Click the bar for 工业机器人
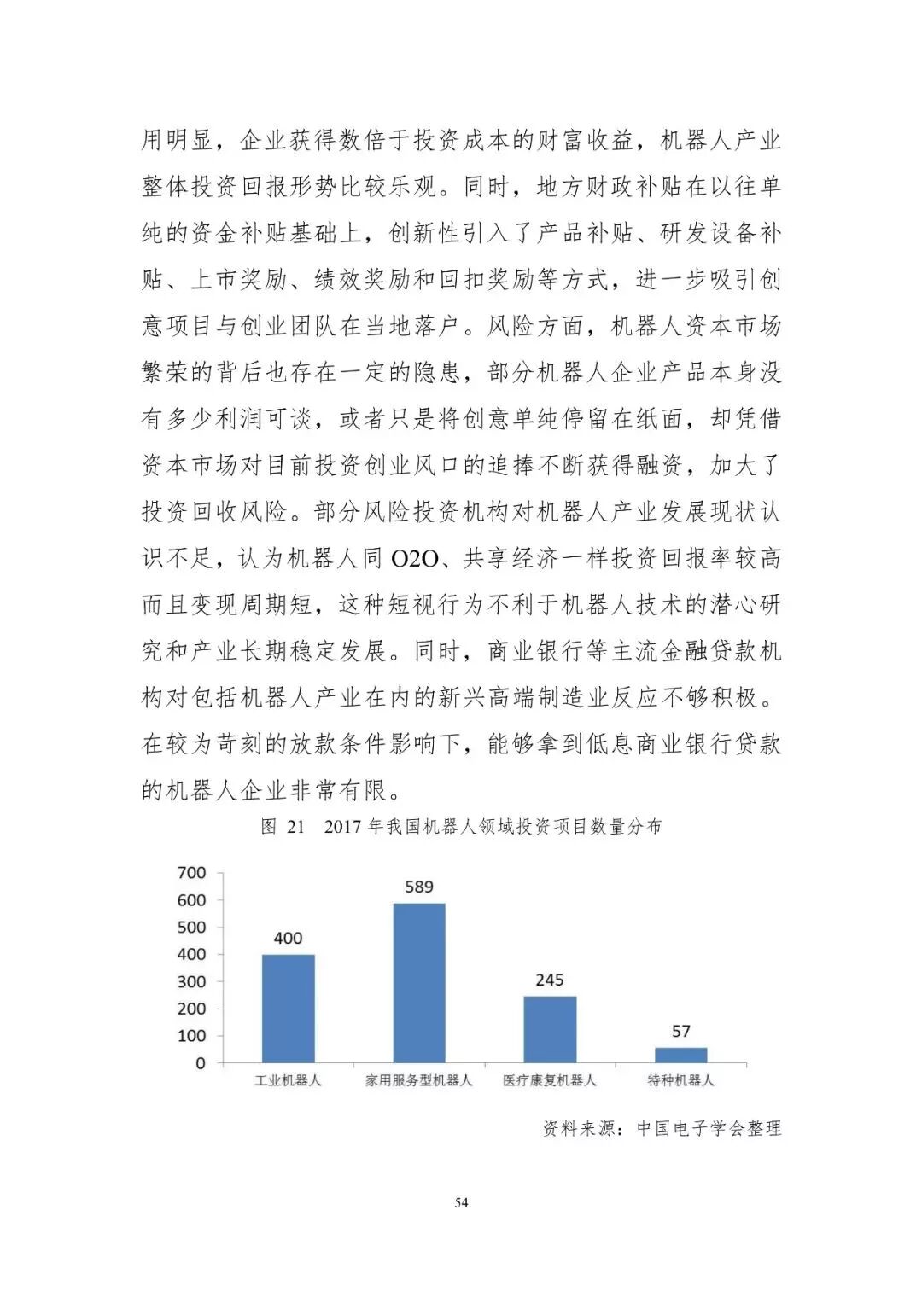(288, 1008)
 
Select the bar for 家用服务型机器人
(419, 982)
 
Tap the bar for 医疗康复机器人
(550, 1029)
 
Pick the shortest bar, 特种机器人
(681, 1055)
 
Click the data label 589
(419, 887)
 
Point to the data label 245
(550, 980)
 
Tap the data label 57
(681, 1032)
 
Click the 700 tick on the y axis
(192, 873)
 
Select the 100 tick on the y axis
(192, 1036)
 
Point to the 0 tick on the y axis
(201, 1063)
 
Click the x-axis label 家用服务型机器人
(419, 1080)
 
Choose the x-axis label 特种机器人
(681, 1080)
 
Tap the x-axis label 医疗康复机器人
(550, 1080)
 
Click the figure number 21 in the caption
(295, 827)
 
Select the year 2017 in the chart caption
(343, 827)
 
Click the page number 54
(461, 1203)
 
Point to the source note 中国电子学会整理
(709, 1128)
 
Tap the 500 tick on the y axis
(192, 928)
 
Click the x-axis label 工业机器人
(288, 1080)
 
